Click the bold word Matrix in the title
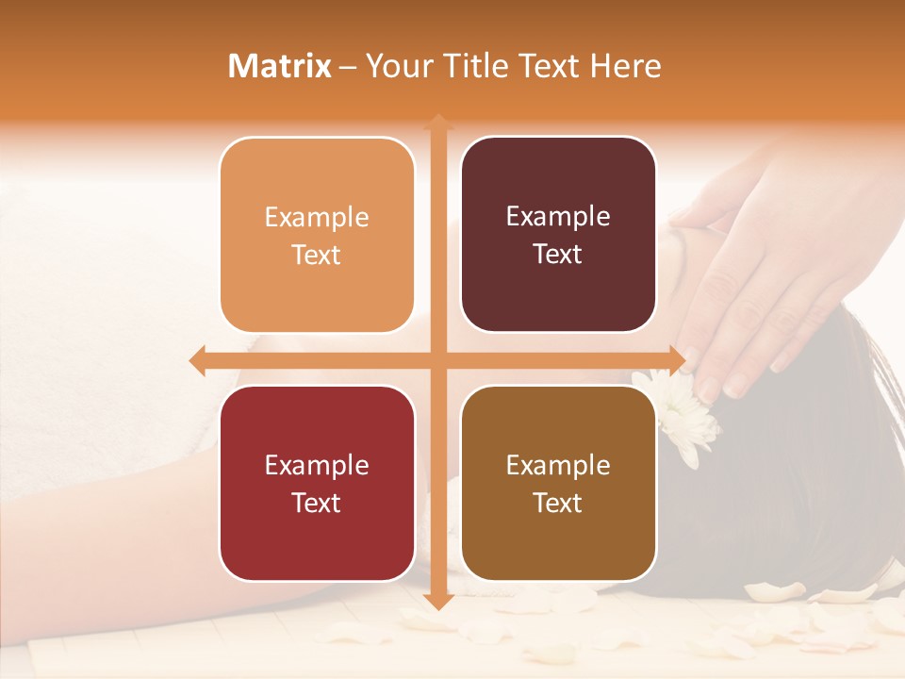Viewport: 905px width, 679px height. (x=279, y=66)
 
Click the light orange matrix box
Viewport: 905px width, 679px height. (x=317, y=235)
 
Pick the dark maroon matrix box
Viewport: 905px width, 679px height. (x=558, y=235)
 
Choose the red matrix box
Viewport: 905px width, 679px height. (x=317, y=483)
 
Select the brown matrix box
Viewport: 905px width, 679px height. (x=558, y=483)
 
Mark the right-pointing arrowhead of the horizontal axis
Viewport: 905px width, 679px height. (x=676, y=360)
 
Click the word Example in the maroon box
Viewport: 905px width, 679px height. (x=558, y=216)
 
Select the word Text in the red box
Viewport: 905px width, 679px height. (x=317, y=503)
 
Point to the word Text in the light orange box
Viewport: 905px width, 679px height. (x=317, y=255)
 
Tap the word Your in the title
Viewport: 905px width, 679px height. (x=396, y=66)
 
